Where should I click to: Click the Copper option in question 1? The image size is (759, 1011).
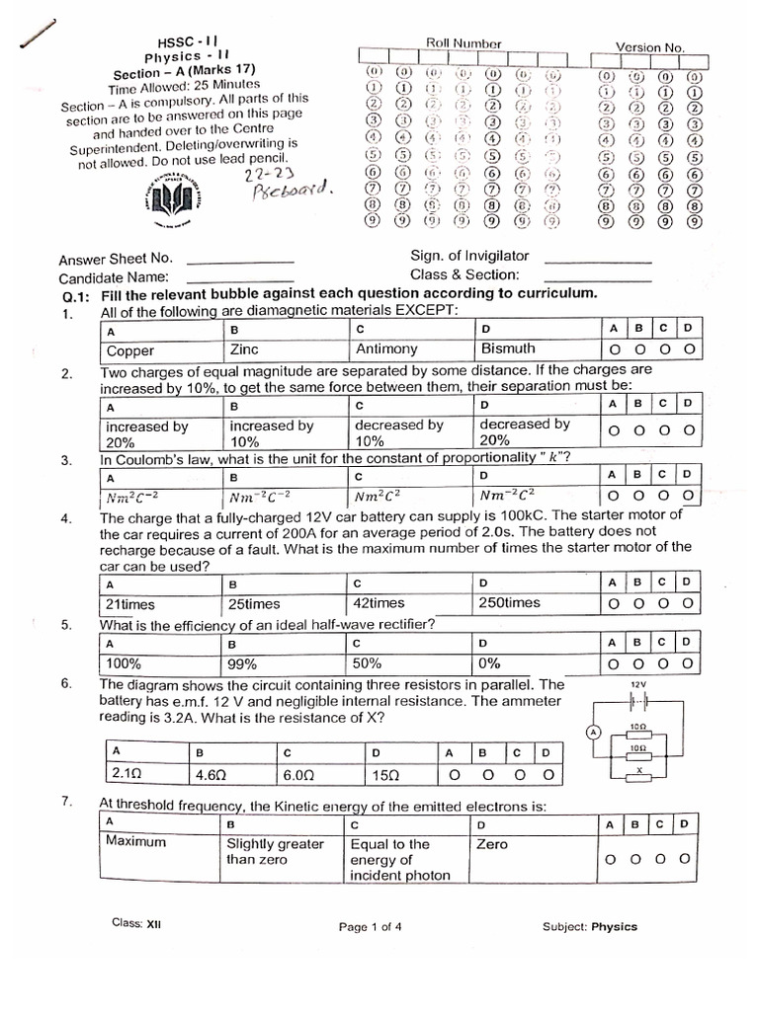pos(130,350)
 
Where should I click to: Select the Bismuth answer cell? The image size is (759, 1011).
pos(508,349)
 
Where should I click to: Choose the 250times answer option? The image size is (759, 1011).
pos(509,602)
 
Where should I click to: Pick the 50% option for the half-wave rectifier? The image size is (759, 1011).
pos(368,663)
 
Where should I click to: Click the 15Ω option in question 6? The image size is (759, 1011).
pos(386,775)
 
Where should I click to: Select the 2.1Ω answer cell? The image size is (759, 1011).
pos(129,775)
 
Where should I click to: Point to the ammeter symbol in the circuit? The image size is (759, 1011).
pos(593,732)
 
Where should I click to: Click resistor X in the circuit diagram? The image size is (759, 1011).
pos(638,772)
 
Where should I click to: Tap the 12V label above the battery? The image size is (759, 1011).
pos(637,683)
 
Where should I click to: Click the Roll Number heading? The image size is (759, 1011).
pos(464,43)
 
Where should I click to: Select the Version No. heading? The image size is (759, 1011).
pos(649,46)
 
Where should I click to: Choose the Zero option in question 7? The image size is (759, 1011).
pos(492,844)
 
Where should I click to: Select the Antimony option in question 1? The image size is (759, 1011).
pos(386,349)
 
